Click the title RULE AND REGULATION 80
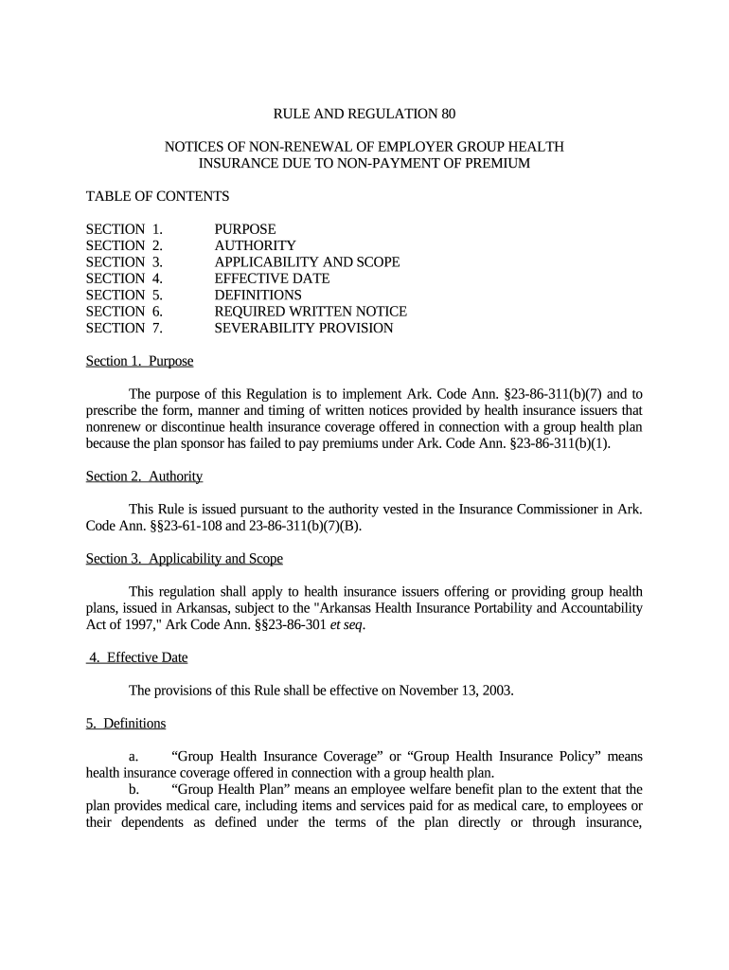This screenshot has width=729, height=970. pyautogui.click(x=364, y=115)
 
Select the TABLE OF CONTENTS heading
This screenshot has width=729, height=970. pyautogui.click(x=157, y=196)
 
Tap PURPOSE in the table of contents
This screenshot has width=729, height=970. pyautogui.click(x=245, y=229)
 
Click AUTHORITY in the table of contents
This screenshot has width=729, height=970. pyautogui.click(x=255, y=245)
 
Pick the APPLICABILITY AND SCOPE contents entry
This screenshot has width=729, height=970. pyautogui.click(x=307, y=262)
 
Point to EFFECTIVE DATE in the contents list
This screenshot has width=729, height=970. pyautogui.click(x=272, y=278)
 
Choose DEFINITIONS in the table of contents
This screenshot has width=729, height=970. pyautogui.click(x=258, y=296)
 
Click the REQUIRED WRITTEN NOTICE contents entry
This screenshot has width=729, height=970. pyautogui.click(x=311, y=312)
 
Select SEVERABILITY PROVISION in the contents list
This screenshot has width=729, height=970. pyautogui.click(x=303, y=328)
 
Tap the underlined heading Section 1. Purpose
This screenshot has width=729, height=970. pyautogui.click(x=139, y=361)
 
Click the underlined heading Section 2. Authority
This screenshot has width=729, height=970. pyautogui.click(x=144, y=476)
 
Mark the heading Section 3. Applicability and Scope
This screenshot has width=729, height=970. pyautogui.click(x=184, y=559)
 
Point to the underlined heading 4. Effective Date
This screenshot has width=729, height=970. pyautogui.click(x=137, y=657)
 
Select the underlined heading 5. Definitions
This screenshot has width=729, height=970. pyautogui.click(x=126, y=724)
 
